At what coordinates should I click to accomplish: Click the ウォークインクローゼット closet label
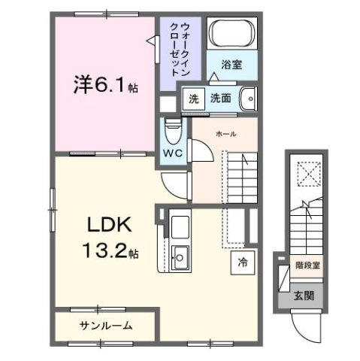coord(180,47)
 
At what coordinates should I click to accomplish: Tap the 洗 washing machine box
coord(193,98)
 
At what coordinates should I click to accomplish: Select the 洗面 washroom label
coord(219,98)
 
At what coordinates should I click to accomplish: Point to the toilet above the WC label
coord(173,131)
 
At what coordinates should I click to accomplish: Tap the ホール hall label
coord(225,133)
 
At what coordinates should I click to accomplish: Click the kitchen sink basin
coord(180,259)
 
